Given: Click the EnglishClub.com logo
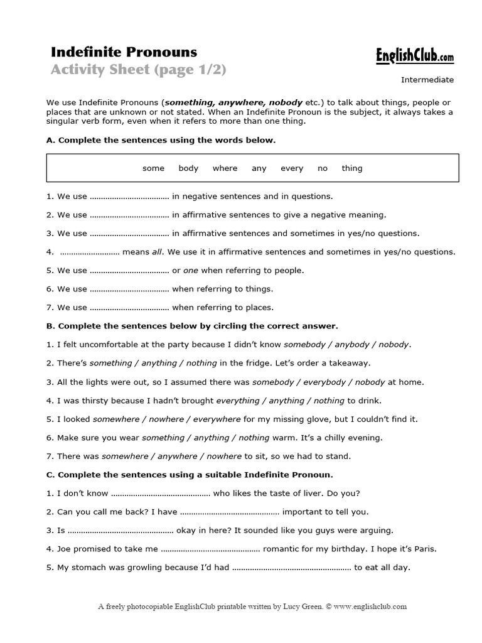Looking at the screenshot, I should click(414, 57).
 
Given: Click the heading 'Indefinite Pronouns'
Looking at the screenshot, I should click(124, 51).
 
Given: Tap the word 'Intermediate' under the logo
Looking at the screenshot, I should click(427, 80).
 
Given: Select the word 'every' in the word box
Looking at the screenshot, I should click(292, 168).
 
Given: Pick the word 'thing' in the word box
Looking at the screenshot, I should click(352, 168).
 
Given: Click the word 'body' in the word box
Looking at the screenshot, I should click(188, 168).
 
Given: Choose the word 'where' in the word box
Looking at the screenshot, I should click(225, 168).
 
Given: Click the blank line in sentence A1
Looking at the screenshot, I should click(130, 197).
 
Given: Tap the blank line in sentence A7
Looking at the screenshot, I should click(130, 308).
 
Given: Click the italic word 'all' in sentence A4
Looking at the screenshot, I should click(157, 252).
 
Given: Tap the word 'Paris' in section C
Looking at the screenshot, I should click(424, 549).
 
